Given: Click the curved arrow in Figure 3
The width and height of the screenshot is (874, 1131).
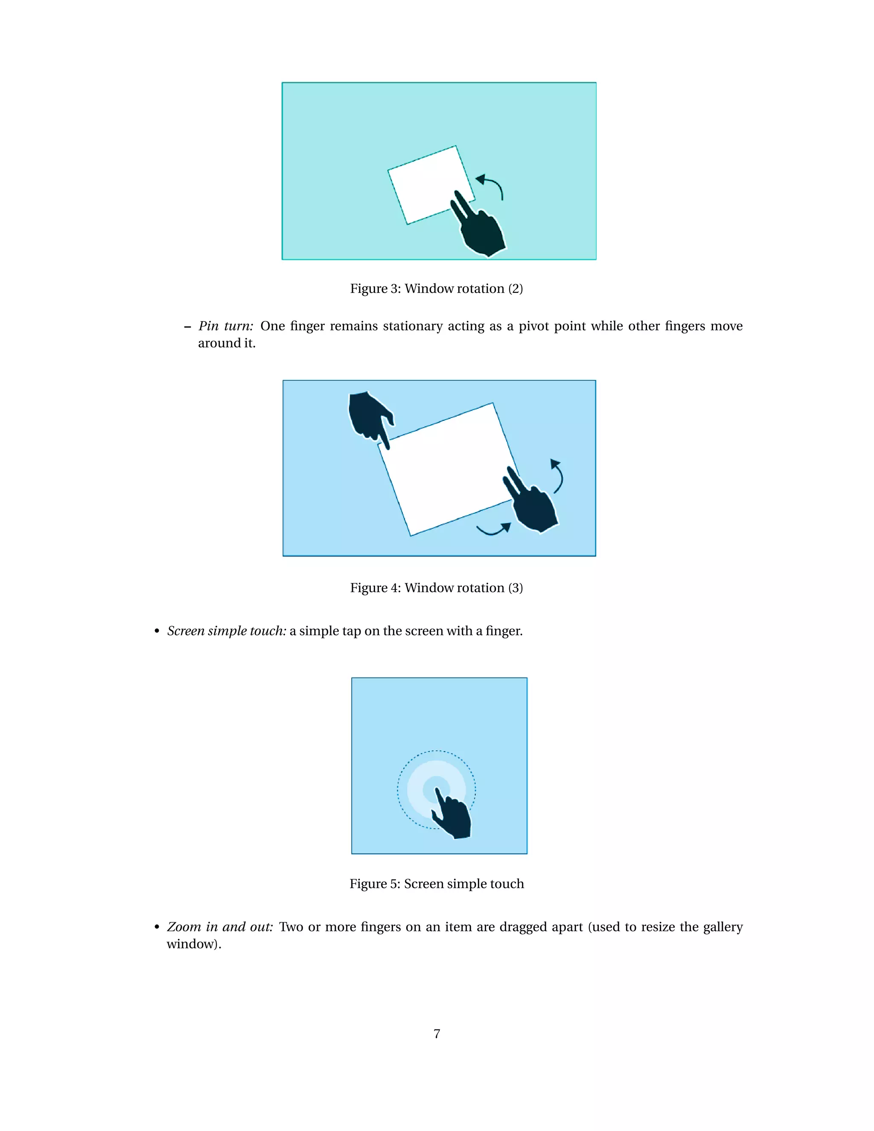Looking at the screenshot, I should (492, 185).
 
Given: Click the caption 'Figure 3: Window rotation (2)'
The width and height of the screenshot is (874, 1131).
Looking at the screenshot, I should (437, 289).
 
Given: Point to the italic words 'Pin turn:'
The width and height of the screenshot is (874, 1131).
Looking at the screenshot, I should (226, 326).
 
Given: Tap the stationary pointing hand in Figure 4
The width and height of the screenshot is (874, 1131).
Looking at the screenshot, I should (369, 415).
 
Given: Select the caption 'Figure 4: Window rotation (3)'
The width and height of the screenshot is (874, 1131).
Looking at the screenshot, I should (437, 588).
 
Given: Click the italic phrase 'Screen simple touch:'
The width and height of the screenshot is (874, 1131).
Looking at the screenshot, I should (227, 631).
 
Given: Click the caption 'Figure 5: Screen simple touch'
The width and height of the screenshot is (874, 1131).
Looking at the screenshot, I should (437, 883).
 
